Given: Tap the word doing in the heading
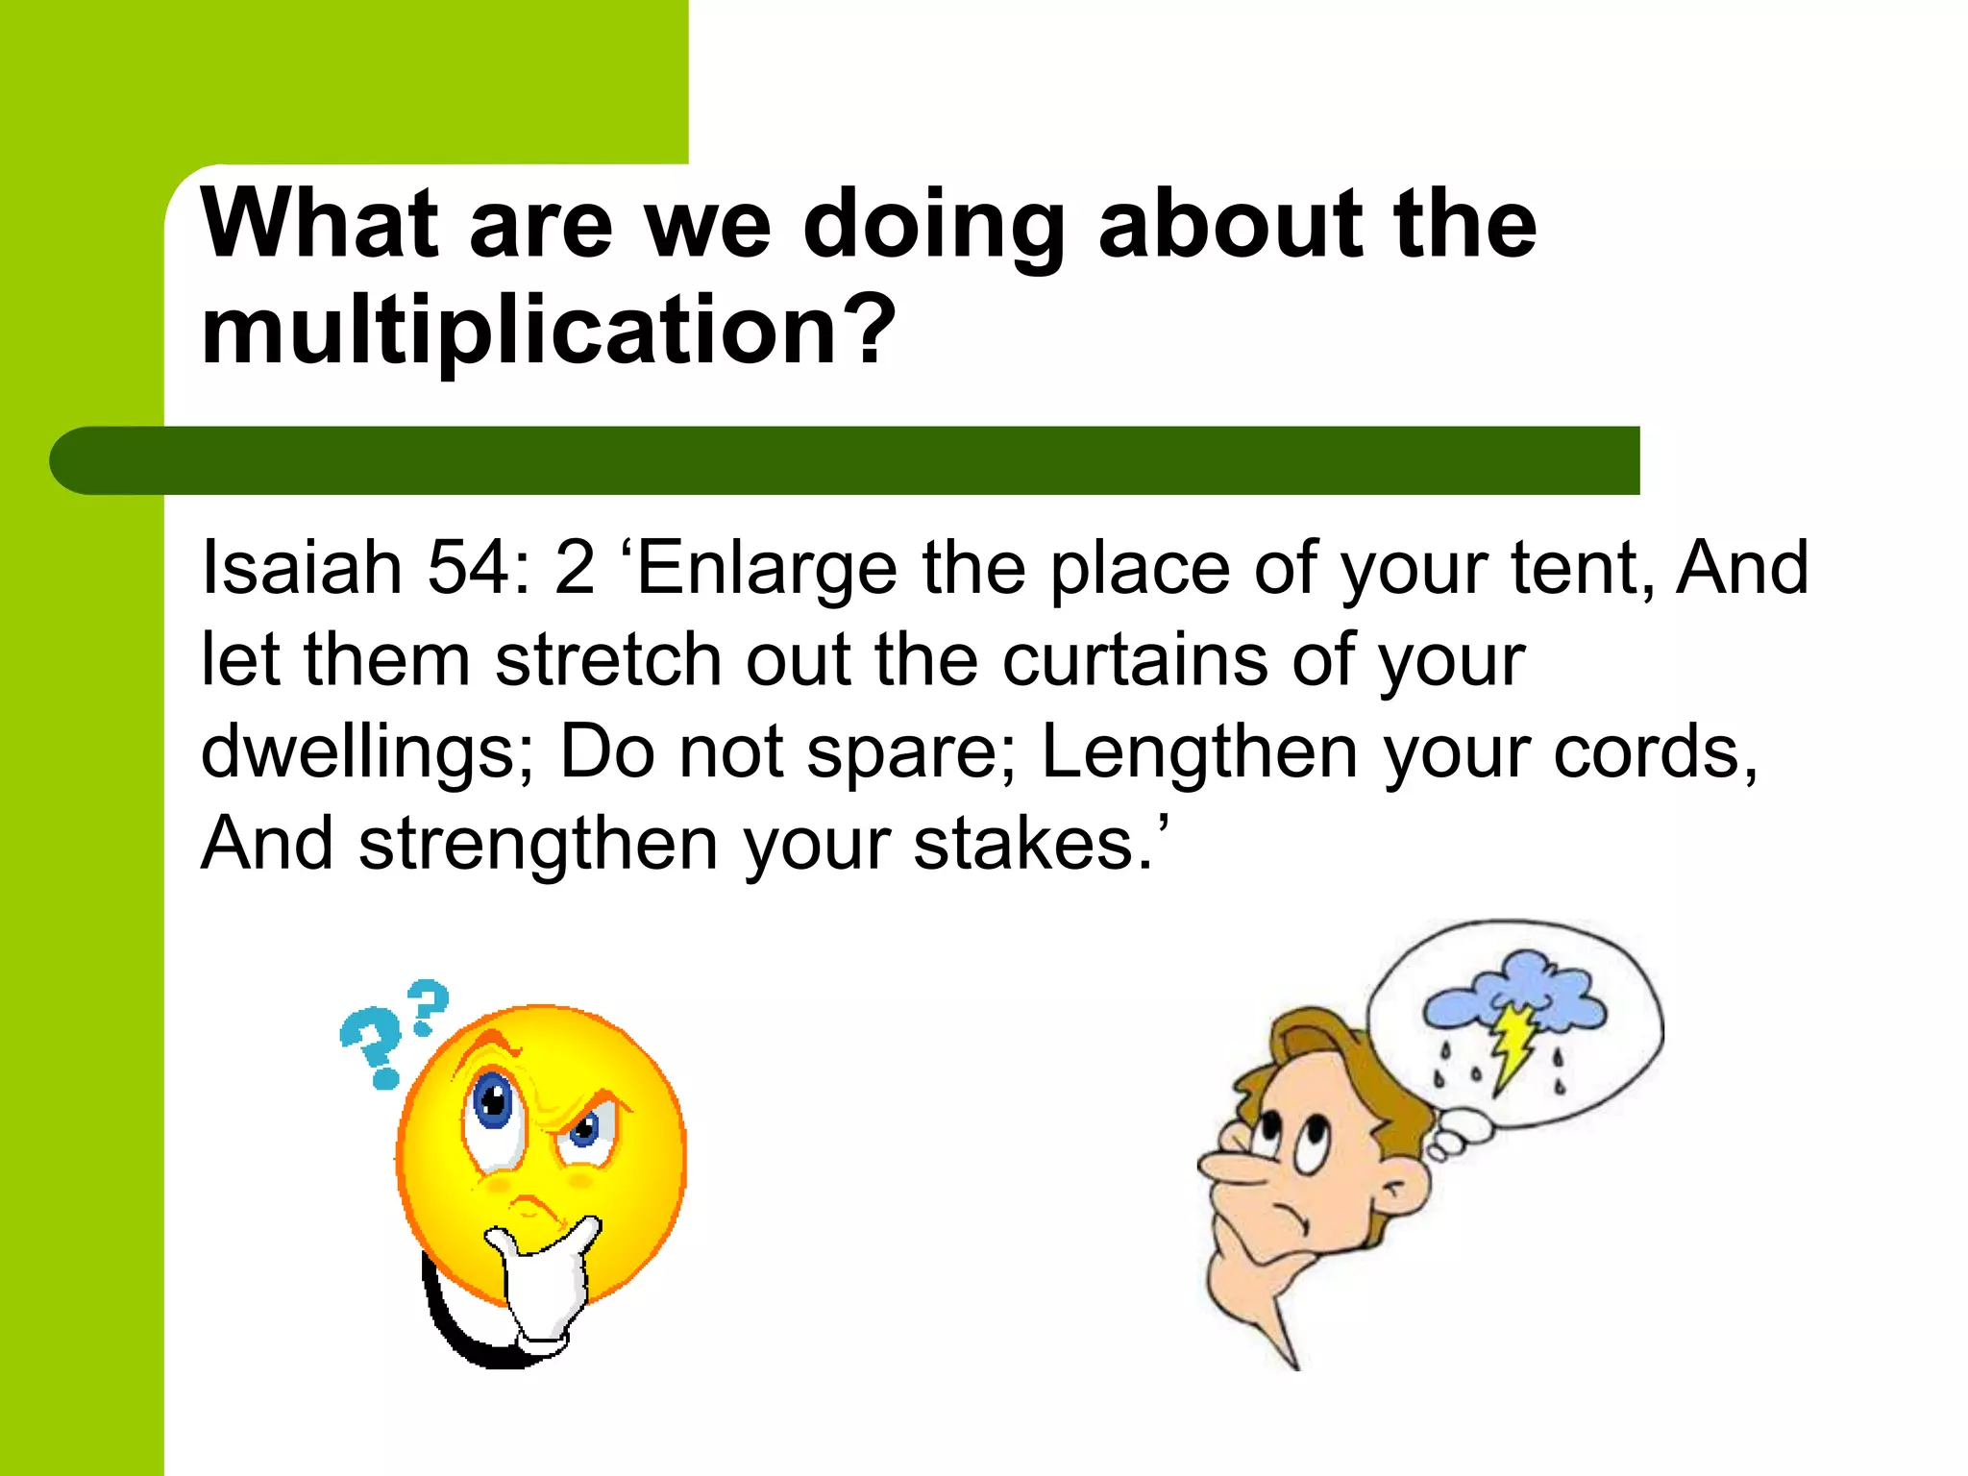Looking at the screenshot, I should pos(933,227).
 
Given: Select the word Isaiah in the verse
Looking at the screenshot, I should pos(301,568).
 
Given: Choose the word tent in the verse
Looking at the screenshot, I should pos(1581,568).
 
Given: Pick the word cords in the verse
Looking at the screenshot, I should pos(1653,752).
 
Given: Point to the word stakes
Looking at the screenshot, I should pos(1032,845).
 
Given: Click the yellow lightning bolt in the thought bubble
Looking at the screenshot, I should pos(1513,1046).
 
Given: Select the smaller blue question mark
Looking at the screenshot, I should pos(428,1004).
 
